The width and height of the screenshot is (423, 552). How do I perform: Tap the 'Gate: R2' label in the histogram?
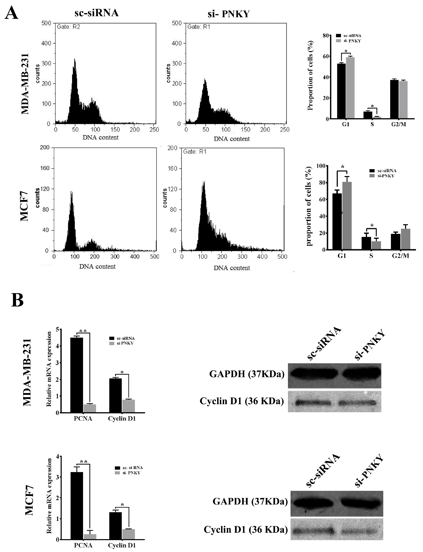point(68,27)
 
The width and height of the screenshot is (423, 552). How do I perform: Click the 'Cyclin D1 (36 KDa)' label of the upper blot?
point(242,401)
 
